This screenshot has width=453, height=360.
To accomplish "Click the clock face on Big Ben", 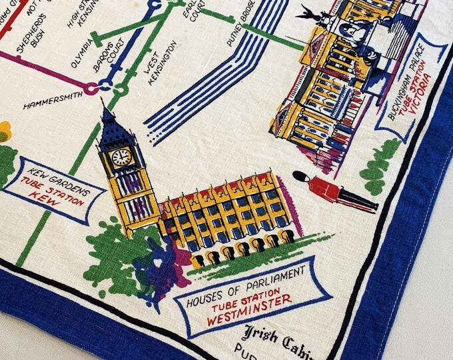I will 121,157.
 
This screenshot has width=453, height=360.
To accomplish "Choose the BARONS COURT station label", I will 107,65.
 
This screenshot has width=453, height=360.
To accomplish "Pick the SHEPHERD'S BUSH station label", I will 30,39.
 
